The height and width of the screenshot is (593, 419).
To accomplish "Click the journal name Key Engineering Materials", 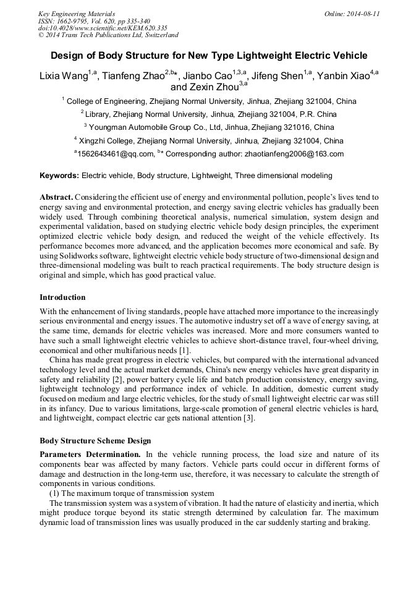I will pos(76,13).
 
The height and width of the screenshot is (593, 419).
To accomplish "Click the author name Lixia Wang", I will pos(63,76).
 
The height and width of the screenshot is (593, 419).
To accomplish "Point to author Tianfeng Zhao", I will pos(132,76).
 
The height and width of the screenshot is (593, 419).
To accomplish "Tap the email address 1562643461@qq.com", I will pos(115,154).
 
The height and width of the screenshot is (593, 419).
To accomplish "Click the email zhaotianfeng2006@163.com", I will pos(291,154).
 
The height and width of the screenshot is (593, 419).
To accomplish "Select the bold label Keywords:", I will pos(59,176).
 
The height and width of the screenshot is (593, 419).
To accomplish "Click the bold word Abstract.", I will pos(56,197).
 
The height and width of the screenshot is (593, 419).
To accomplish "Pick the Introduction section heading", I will pos(62,297).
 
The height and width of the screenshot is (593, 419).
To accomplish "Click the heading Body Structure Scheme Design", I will pos(95,441).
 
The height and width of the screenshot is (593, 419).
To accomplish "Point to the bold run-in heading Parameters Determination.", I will pos(90,454).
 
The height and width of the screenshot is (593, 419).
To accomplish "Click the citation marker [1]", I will pos(184,351).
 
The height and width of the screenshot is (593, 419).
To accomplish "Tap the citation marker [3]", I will pos(248,419).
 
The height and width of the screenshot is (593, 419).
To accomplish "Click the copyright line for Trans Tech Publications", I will pos(109,35).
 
